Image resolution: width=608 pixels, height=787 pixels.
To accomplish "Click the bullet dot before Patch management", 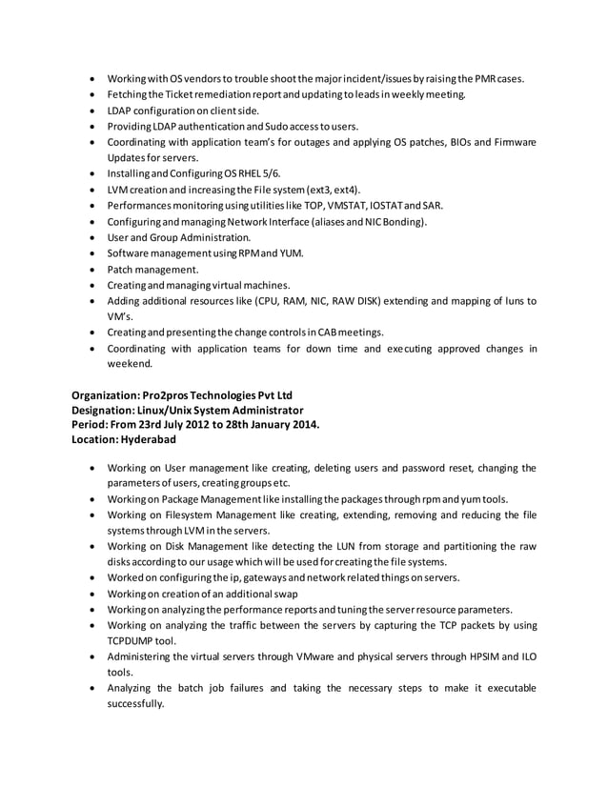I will pyautogui.click(x=91, y=270).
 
